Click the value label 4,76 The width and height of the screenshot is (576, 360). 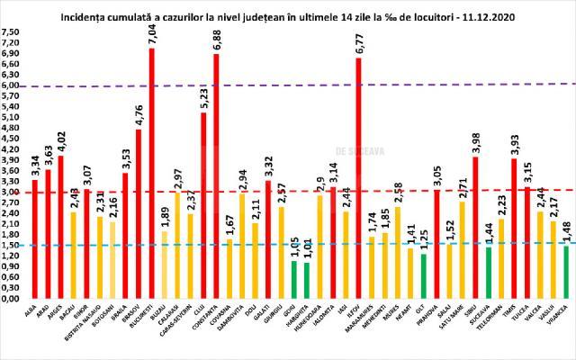point(139,115)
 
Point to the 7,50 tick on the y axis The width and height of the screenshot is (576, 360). point(12,31)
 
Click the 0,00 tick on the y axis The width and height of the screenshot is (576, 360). point(12,298)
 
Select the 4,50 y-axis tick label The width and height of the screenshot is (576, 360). point(12,138)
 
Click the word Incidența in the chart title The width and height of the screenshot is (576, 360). point(85,16)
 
